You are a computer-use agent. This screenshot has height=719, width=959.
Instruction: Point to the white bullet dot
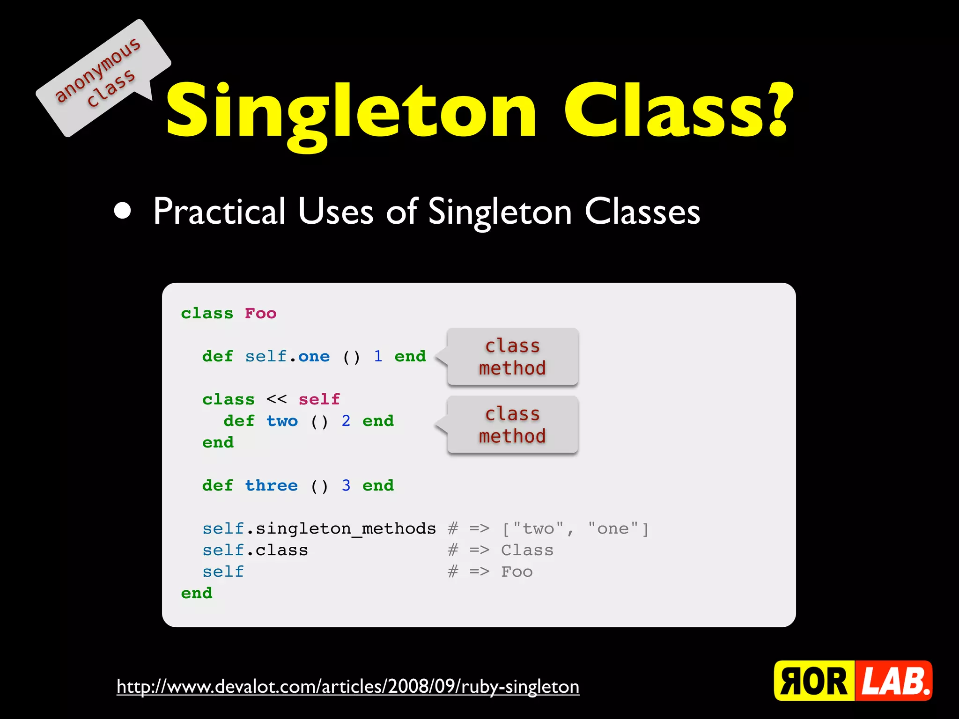123,211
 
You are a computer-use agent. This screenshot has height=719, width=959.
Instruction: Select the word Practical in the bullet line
219,212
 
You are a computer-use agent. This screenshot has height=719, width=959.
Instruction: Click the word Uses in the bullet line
335,212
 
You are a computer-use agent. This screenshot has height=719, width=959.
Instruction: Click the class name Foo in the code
260,313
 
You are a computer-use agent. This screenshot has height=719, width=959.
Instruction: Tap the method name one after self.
314,356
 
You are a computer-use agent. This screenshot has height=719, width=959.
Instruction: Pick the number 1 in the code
378,356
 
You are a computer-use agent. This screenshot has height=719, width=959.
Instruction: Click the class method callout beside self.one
512,357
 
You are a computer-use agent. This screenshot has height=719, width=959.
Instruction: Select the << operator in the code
276,399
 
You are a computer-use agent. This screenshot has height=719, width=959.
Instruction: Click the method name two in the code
282,421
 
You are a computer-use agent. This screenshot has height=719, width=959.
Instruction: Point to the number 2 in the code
346,421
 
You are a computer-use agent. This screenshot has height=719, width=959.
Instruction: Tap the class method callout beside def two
512,425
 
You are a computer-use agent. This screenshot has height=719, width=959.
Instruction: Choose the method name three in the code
272,485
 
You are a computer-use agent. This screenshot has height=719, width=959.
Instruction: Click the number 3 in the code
346,485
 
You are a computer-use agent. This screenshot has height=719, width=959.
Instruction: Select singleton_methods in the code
346,528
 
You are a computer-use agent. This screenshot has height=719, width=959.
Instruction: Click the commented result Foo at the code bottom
517,572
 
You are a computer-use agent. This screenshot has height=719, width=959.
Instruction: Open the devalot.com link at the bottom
348,687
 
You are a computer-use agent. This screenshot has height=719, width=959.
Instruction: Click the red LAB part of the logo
894,681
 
